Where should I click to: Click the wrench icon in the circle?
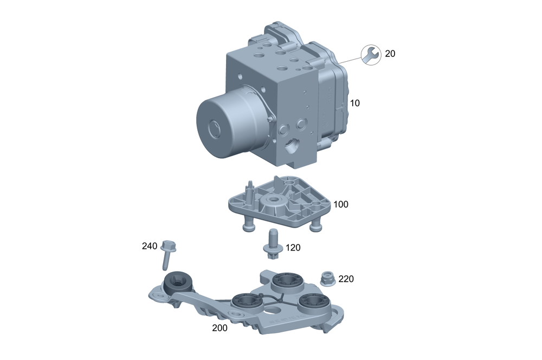371,55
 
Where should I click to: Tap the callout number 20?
390,54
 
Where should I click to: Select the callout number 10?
354,103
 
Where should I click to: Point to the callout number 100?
341,204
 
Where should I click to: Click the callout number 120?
293,248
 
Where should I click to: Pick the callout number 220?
346,279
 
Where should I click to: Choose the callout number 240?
150,246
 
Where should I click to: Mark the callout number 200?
220,328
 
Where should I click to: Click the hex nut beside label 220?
328,279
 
